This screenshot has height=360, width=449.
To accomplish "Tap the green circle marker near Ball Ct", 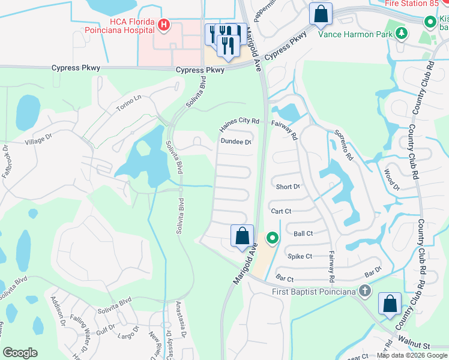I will click(x=273, y=239).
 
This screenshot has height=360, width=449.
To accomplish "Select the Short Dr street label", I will click(x=288, y=187).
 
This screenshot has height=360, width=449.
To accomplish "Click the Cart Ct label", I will click(x=281, y=211).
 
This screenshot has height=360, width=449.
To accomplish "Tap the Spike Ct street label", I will click(x=300, y=256).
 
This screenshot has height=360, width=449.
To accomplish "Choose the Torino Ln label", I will click(x=128, y=107).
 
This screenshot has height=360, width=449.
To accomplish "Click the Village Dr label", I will click(x=40, y=142).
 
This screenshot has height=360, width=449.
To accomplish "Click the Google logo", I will click(x=20, y=353).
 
